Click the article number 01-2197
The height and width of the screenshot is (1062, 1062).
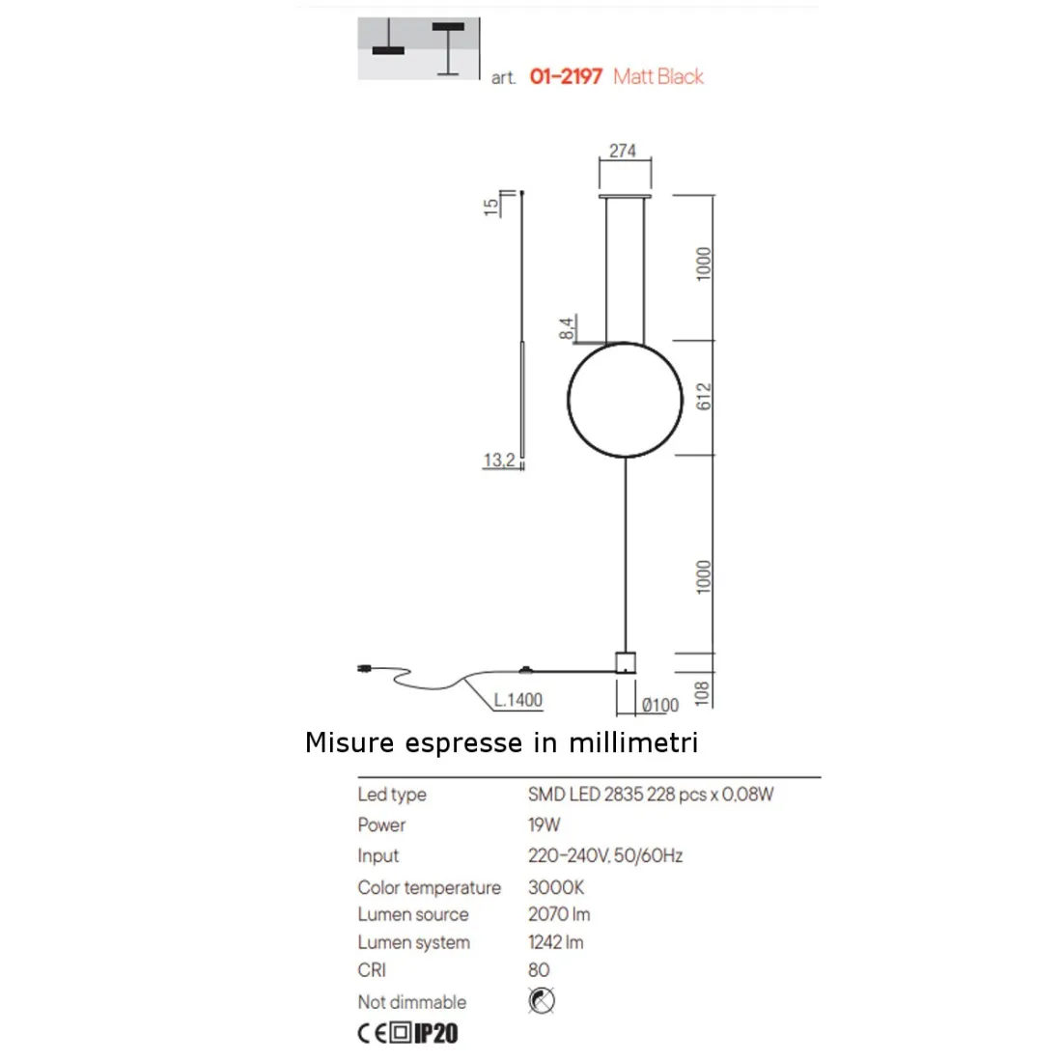click(566, 76)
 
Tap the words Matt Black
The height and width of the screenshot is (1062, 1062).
click(658, 76)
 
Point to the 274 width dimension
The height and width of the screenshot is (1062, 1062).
click(623, 151)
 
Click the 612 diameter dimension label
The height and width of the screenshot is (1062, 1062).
click(704, 397)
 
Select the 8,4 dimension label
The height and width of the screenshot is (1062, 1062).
click(568, 328)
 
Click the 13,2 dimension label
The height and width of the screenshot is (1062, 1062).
click(499, 461)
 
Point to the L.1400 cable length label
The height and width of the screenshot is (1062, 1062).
click(518, 700)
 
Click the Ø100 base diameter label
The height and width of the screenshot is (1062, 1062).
click(660, 706)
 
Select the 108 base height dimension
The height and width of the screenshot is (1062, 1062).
click(703, 691)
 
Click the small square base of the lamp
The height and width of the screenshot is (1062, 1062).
click(627, 662)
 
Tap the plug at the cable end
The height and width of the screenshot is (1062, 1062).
click(366, 667)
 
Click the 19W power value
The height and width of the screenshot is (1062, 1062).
click(545, 825)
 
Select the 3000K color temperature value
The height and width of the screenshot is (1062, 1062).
click(556, 887)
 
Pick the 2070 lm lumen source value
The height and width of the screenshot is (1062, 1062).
click(559, 914)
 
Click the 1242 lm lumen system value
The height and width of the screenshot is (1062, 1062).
click(556, 942)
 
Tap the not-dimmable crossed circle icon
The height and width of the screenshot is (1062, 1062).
click(542, 1001)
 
